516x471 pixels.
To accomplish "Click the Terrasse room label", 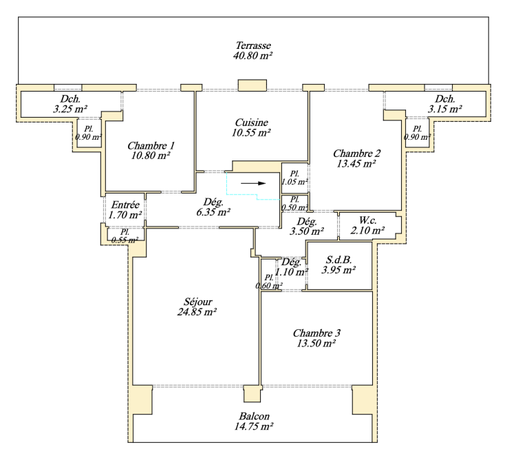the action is pos(253,45).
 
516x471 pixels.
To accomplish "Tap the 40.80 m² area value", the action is pos(252,55).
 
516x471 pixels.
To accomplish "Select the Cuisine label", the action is pos(251,123).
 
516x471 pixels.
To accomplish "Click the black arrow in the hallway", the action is pos(253,183).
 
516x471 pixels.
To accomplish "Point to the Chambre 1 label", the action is pos(151,145).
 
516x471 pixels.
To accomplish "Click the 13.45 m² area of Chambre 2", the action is pos(356,163).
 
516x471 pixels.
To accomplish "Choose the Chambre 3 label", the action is pos(316,333).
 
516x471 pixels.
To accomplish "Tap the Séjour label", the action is pos(197,302).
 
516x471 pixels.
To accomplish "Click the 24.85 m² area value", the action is pos(197,311).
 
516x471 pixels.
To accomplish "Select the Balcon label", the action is pos(254,417).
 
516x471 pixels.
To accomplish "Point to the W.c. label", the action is pos(367,220).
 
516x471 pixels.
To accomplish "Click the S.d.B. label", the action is pos(338,260).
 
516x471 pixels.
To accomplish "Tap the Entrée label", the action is pos(125,205).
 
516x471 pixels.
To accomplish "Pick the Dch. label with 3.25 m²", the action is pos(70,98).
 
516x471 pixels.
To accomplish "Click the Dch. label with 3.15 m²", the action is pos(445,98).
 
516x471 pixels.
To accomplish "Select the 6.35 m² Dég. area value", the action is pos(213,212).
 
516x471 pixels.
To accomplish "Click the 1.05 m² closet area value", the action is pos(294,182).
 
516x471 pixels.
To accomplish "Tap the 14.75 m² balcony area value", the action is pos(254,426).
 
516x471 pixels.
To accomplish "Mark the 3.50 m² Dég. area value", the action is pos(306,231).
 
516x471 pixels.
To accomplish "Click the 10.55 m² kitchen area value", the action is pos(251,132).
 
